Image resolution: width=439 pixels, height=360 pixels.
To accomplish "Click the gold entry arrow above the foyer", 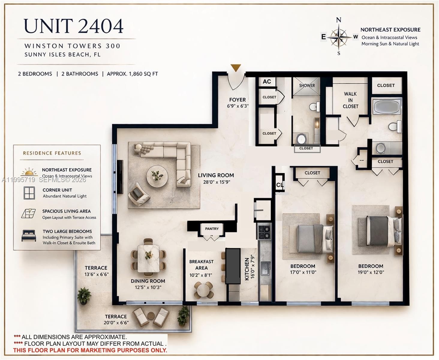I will (236, 68).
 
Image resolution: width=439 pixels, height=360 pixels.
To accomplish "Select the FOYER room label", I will (237, 100).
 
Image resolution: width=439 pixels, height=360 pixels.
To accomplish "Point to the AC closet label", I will (267, 82).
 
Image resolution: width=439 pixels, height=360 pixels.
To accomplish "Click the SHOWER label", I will (307, 85).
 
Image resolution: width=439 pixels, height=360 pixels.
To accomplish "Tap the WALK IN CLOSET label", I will (350, 100).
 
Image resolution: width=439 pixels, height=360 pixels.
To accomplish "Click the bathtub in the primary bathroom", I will (387, 106).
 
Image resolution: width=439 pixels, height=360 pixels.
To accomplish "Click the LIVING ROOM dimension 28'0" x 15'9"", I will (216, 182).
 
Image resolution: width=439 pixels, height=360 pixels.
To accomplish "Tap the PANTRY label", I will (212, 229).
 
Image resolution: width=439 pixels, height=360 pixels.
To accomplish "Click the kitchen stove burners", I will (264, 229).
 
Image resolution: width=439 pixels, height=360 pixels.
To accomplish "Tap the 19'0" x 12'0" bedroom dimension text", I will (371, 272).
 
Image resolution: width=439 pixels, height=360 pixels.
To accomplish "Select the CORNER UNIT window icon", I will (29, 193).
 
